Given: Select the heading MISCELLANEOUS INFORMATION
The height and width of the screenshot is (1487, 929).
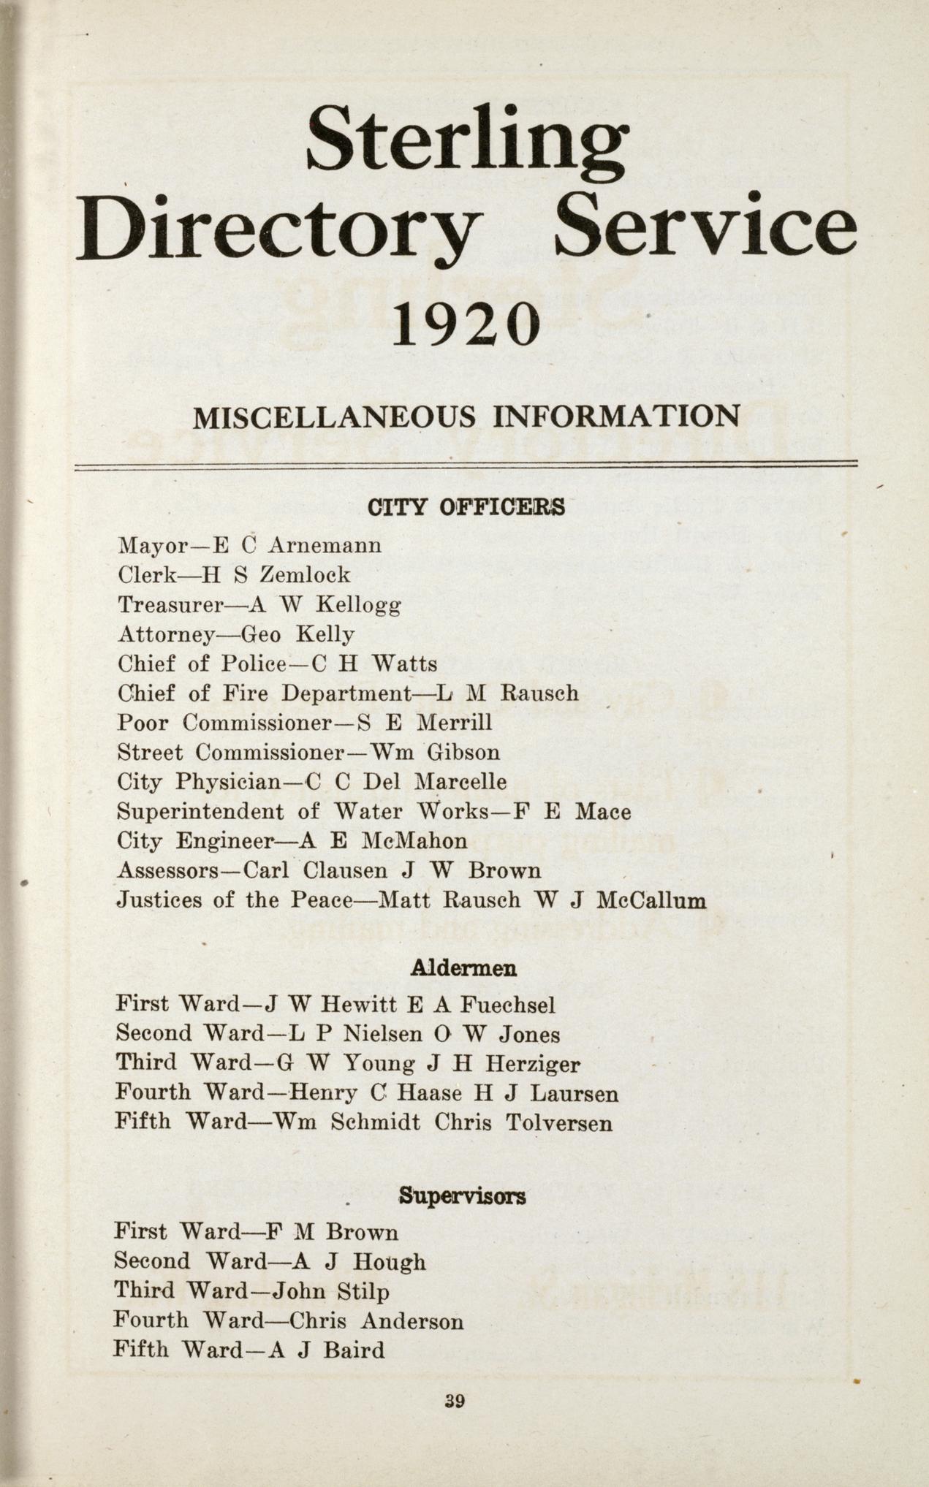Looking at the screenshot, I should click(x=466, y=417).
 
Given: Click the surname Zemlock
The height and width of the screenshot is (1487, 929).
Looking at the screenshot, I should click(x=305, y=575).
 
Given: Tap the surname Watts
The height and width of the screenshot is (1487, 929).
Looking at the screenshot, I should click(x=404, y=663).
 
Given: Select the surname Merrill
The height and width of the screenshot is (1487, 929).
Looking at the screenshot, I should click(x=454, y=723).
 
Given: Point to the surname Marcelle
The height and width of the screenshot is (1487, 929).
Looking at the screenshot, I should click(x=460, y=782).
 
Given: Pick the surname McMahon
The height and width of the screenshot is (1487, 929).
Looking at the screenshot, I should click(x=414, y=841).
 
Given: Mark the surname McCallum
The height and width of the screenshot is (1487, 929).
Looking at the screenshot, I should click(x=651, y=900).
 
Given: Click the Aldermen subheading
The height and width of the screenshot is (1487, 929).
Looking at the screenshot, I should click(x=464, y=968).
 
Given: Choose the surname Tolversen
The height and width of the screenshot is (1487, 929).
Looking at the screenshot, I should click(x=558, y=1122).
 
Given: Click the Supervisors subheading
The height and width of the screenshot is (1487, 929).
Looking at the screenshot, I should click(x=463, y=1197).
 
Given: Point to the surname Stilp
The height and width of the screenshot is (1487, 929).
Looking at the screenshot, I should click(x=363, y=1292).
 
